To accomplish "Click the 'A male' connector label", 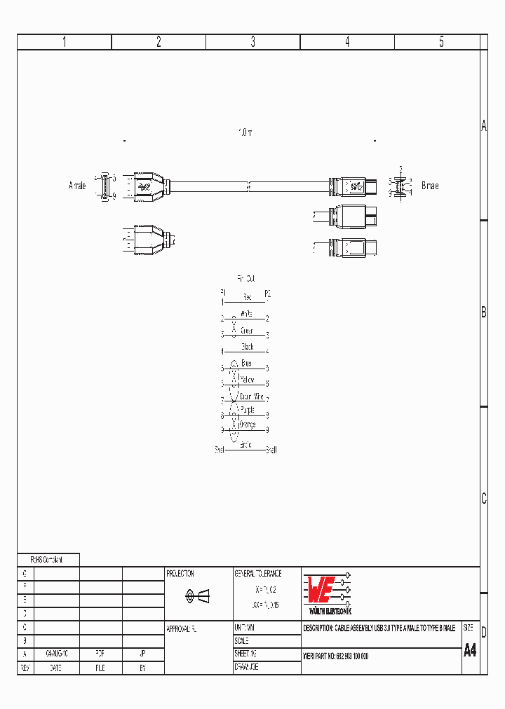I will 77,186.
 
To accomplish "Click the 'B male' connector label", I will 430,186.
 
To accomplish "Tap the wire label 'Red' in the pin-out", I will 247,297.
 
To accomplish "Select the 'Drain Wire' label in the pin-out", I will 250,397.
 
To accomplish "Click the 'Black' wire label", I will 247,347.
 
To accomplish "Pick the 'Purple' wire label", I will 248,409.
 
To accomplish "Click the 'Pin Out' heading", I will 245,278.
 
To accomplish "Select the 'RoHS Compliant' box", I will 48,560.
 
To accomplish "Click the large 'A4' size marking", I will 470,650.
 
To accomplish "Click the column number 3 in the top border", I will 253,42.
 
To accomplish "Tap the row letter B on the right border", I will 483,313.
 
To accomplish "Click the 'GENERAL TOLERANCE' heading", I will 257,573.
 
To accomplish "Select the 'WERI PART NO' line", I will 336,656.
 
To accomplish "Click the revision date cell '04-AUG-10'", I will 56,652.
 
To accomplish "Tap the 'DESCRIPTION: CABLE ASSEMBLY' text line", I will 379,628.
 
